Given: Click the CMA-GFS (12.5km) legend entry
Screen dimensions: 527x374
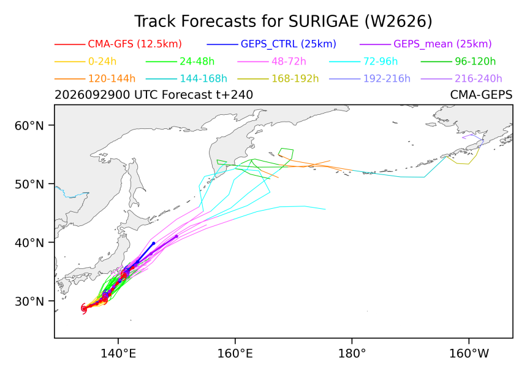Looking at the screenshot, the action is click(135, 44).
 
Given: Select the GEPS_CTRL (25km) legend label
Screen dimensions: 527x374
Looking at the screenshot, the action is click(289, 44).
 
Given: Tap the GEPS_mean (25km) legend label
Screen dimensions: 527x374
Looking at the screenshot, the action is click(442, 44).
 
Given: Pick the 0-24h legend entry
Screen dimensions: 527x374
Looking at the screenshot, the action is click(102, 61).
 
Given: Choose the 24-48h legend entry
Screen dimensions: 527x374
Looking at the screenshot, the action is click(197, 61).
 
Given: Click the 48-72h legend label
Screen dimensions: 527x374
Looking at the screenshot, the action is click(289, 61).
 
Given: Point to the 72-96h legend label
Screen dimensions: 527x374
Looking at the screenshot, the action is click(381, 61).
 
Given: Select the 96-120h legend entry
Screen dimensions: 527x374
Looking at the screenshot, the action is click(476, 61).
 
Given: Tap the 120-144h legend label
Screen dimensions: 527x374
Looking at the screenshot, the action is click(112, 79).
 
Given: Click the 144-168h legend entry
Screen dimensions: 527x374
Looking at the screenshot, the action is click(203, 79).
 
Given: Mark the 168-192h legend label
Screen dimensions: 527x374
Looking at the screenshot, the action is click(295, 79).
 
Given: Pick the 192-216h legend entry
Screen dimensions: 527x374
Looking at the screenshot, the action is click(387, 79).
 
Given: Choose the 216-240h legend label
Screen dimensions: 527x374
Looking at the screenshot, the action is click(478, 79).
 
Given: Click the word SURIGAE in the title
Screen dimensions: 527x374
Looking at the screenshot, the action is click(324, 21).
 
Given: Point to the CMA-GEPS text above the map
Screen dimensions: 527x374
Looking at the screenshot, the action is click(481, 95).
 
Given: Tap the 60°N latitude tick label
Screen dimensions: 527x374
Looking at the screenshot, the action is click(29, 126).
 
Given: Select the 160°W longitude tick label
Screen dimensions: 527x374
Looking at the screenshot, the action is click(469, 354).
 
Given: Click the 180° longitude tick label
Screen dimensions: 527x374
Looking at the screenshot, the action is click(352, 354).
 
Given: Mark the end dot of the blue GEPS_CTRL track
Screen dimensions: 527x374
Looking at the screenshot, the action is click(154, 243).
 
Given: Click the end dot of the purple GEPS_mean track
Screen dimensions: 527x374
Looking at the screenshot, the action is click(176, 236).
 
